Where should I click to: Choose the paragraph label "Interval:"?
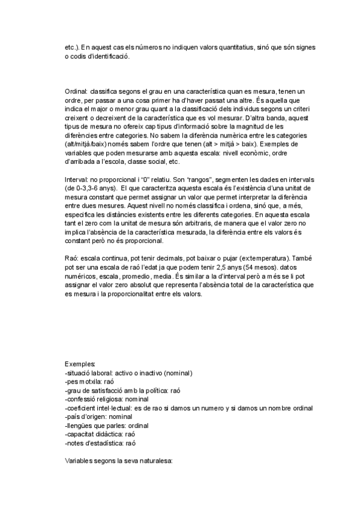click(76, 180)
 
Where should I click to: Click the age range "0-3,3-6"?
click(86, 188)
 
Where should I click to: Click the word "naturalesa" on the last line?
click(155, 462)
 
